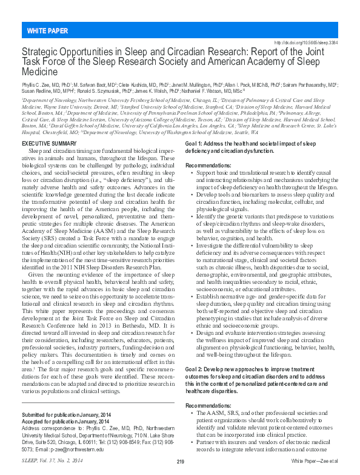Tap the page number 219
(x=180, y=462)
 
